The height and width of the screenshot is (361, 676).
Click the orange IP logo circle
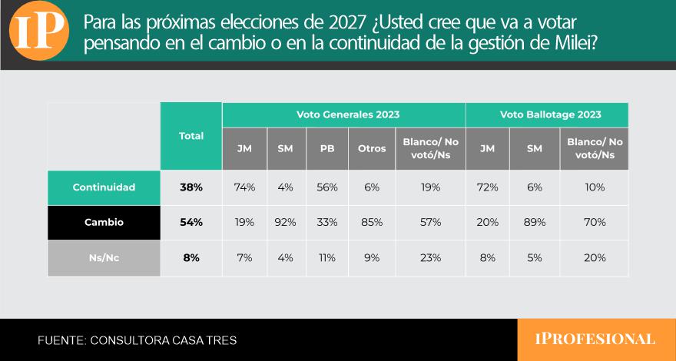39,31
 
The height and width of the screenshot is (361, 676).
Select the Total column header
191,136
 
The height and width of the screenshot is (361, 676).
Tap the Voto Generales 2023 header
348,114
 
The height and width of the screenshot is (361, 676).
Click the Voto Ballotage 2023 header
551,114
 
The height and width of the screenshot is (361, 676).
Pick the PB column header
327,149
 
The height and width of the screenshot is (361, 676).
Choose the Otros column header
372,149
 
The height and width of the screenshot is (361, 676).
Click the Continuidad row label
104,187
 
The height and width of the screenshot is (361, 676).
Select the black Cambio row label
104,223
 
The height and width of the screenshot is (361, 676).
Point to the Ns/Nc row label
104,258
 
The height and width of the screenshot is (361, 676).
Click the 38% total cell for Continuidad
191,187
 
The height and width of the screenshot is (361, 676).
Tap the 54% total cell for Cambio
191,223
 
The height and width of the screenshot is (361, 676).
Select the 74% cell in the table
244,187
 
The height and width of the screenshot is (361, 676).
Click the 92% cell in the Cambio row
286,223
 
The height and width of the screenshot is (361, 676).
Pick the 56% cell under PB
327,187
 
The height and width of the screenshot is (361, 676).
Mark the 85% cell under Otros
372,223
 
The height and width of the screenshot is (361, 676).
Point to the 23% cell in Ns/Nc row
430,258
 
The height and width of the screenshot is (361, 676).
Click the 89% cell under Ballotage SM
535,223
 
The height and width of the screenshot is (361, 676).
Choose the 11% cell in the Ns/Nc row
327,258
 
